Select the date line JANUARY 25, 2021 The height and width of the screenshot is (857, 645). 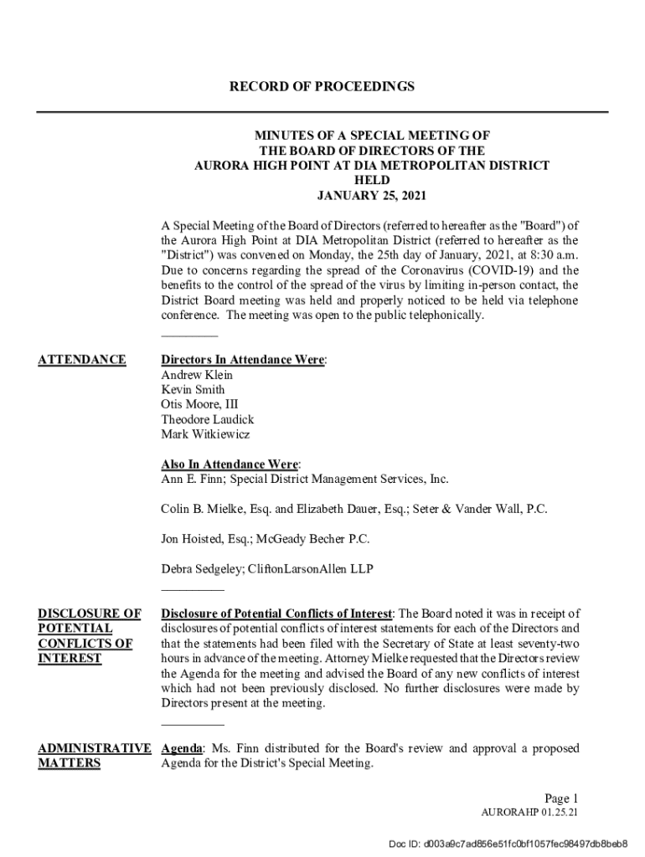click(371, 196)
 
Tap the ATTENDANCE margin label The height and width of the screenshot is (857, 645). click(82, 360)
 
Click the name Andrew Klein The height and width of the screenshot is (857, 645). click(197, 375)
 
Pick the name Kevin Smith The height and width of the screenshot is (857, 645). click(193, 390)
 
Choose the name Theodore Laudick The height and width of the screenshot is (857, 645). click(207, 419)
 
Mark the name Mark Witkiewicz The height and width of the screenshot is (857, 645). click(205, 434)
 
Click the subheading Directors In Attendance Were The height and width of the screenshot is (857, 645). click(243, 360)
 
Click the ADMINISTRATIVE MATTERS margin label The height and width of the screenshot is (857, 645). click(95, 756)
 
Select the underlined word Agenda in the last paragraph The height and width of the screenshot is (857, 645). click(181, 748)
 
